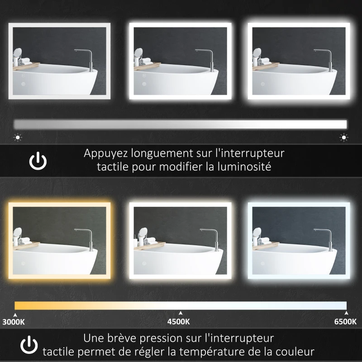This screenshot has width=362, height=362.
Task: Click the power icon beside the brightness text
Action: (x=38, y=162)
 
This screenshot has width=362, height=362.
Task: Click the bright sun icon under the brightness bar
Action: (x=344, y=137)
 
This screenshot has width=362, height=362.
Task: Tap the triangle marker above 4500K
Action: (x=181, y=313)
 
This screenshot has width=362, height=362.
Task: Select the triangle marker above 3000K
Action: (x=15, y=313)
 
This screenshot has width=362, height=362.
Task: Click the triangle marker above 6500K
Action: (x=346, y=313)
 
